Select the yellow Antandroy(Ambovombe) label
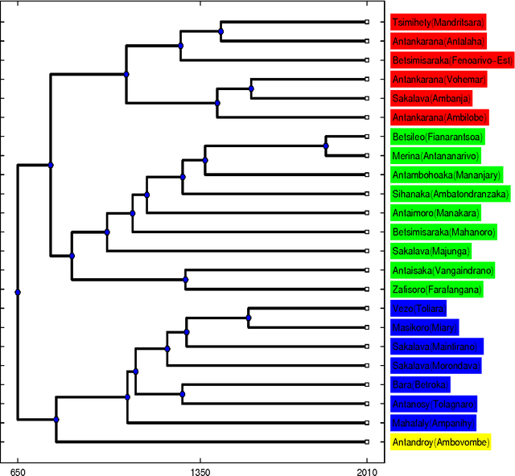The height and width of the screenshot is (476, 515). click(x=441, y=442)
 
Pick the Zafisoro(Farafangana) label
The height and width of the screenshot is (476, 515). click(x=437, y=289)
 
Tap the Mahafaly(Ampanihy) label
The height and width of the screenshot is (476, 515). click(x=434, y=423)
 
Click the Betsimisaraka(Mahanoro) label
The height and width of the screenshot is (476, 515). click(x=437, y=232)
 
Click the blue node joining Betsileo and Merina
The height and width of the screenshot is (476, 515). click(x=326, y=146)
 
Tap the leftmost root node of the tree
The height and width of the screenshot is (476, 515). click(x=18, y=292)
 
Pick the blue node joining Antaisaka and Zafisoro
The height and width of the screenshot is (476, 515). click(x=186, y=280)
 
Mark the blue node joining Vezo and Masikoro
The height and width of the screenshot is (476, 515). click(x=249, y=318)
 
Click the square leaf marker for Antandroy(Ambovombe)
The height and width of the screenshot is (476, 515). click(x=367, y=442)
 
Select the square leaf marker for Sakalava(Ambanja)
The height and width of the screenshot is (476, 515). click(x=367, y=98)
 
